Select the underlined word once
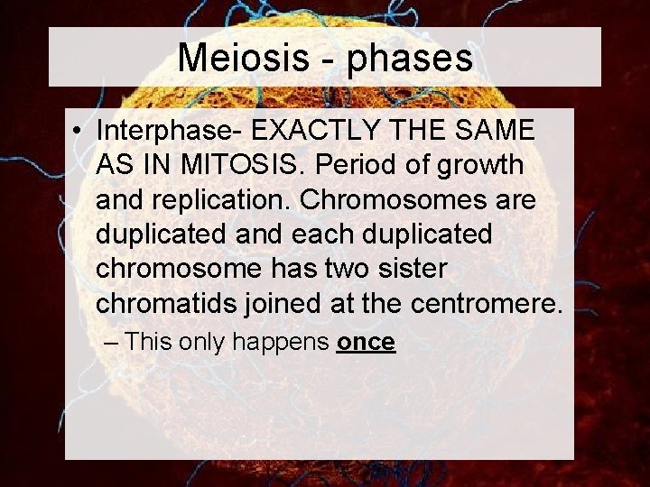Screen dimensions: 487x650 point(366,342)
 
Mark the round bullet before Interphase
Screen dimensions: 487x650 point(80,131)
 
